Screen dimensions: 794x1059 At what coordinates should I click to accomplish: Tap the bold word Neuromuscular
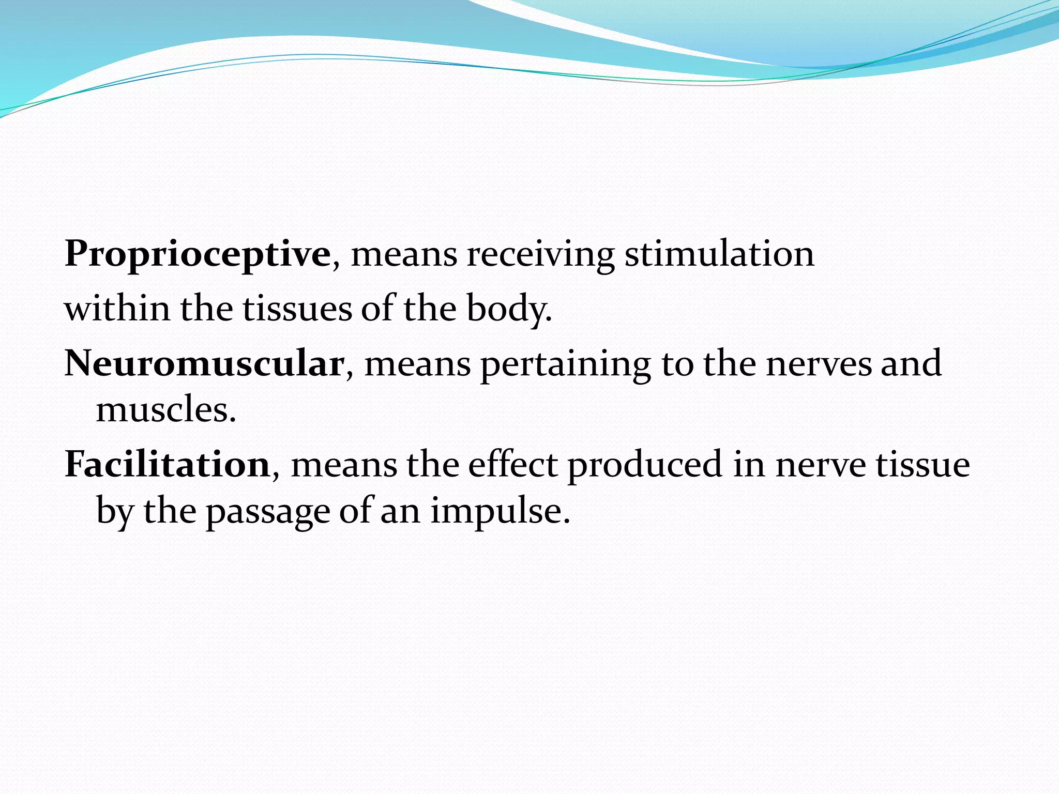pyautogui.click(x=204, y=363)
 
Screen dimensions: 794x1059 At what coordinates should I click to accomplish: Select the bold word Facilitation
pyautogui.click(x=167, y=464)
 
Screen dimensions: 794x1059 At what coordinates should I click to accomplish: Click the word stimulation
pyautogui.click(x=719, y=254)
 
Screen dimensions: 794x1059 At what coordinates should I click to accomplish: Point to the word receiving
pyautogui.click(x=541, y=254)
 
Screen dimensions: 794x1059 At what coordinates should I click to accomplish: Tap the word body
pyautogui.click(x=509, y=309)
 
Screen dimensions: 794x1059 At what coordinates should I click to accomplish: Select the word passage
pyautogui.click(x=268, y=512)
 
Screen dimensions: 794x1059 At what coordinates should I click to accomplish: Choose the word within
pyautogui.click(x=117, y=309)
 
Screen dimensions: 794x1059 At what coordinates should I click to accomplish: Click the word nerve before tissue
pyautogui.click(x=820, y=464)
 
